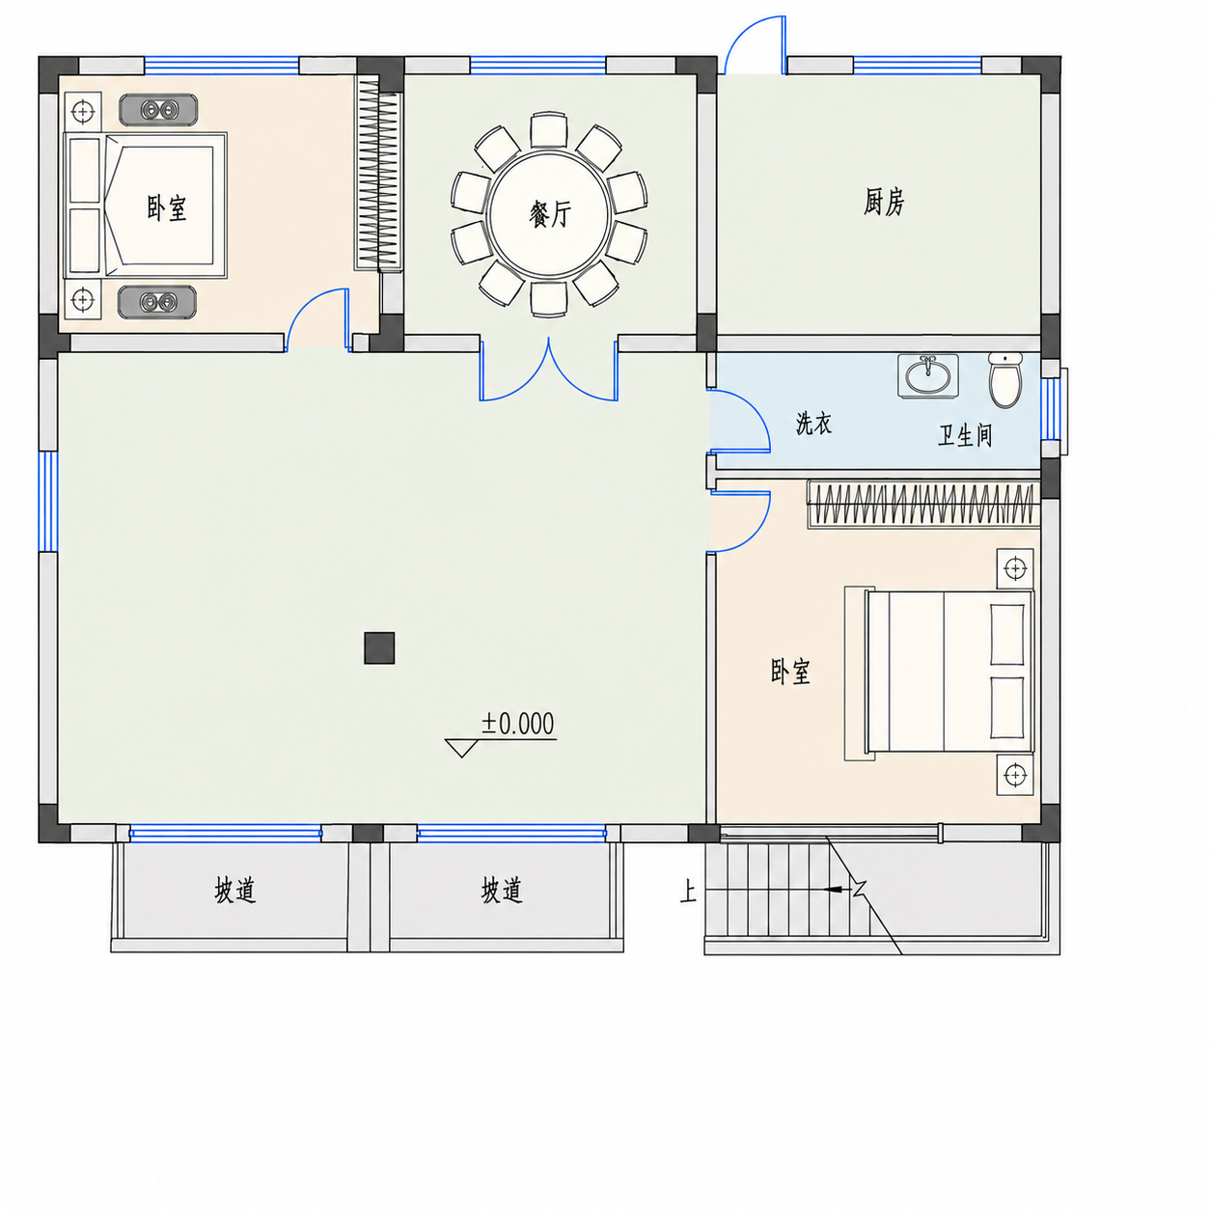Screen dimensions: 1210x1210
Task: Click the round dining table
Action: (x=548, y=215)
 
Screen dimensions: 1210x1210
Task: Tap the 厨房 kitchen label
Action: (x=884, y=203)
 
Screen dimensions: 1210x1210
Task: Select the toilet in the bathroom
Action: (x=1005, y=379)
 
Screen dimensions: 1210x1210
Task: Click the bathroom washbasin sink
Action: (x=927, y=375)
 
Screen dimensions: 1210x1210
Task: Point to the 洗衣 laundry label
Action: (x=813, y=424)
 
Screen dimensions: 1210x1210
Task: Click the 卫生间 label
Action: (x=965, y=435)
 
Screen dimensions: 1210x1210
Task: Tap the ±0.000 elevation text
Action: (x=518, y=724)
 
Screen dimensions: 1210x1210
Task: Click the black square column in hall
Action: (x=379, y=648)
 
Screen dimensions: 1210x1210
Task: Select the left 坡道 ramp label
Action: (x=234, y=891)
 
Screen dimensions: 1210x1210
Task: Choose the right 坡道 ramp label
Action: (x=502, y=891)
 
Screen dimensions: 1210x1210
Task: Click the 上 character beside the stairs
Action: (x=688, y=893)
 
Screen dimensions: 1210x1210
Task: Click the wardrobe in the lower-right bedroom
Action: (x=923, y=504)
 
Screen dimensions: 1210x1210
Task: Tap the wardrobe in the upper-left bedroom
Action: (x=377, y=173)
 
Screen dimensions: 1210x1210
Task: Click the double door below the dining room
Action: (x=549, y=371)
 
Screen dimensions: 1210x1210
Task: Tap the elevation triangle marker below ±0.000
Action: (x=461, y=748)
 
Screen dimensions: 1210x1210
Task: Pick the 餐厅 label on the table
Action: (x=550, y=215)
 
